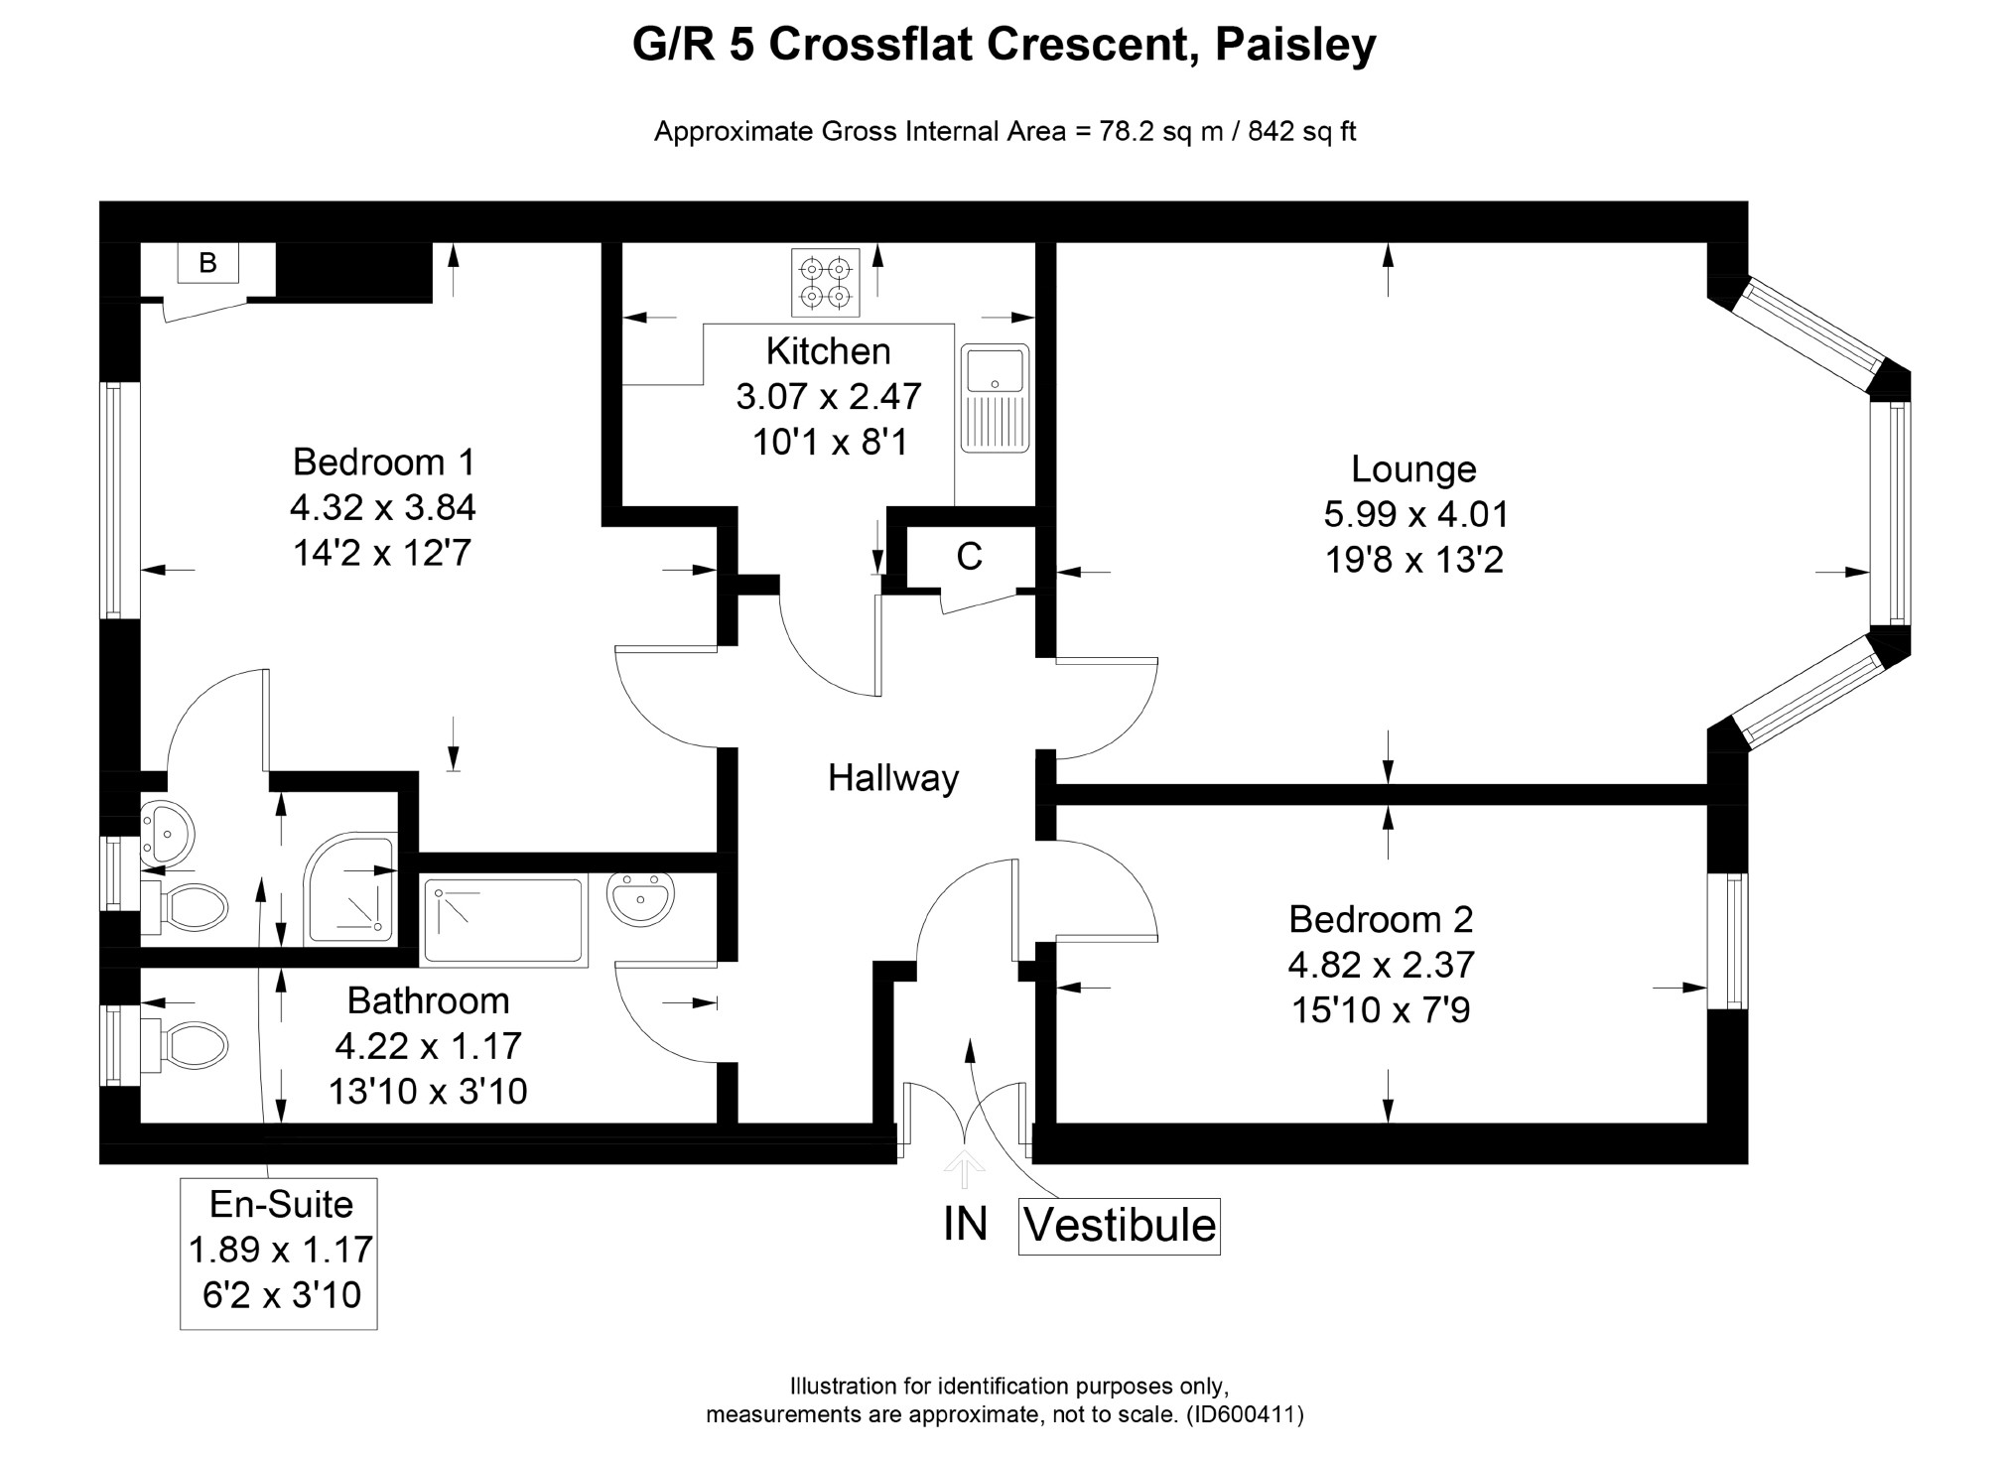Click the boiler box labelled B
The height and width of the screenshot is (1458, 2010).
[207, 263]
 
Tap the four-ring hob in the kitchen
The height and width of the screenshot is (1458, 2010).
[825, 282]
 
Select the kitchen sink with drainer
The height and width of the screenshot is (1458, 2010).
[995, 397]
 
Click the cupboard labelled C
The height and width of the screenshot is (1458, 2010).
[969, 557]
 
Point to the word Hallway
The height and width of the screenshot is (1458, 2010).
[893, 778]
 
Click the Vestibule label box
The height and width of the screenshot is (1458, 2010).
[1119, 1226]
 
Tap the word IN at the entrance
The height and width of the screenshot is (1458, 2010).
[965, 1224]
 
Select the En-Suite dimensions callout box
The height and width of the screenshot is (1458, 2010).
[279, 1253]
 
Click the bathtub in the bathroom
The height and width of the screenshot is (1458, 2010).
[504, 921]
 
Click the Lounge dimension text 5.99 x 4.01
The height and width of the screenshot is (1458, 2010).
[1415, 514]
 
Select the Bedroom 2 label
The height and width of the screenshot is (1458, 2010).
[1380, 919]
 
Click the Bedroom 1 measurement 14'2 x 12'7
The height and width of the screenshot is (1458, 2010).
[381, 553]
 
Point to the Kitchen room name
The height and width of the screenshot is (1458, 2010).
[828, 351]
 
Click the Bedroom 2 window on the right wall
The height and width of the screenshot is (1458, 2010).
[1728, 942]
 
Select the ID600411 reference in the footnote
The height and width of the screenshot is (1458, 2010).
[1245, 1414]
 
